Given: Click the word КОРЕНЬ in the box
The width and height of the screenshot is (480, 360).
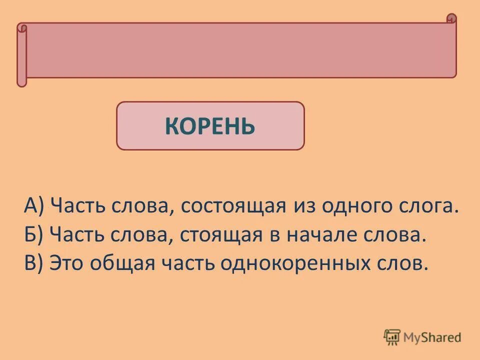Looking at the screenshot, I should tap(210, 126).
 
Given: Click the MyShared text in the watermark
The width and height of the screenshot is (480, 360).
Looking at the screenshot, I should tap(432, 337).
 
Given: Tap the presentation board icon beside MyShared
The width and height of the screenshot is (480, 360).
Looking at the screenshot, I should tap(391, 337).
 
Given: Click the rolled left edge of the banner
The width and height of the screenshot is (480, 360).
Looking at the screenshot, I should tap(21, 55).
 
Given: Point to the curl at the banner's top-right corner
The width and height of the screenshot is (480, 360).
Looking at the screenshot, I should tap(451, 19).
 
